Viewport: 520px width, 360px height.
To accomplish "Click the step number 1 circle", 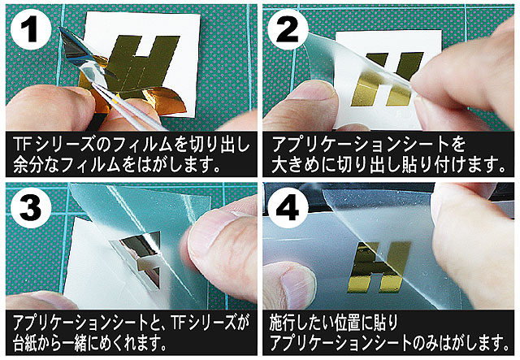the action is (x=31, y=29).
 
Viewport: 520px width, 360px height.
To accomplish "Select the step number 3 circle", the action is (x=31, y=208).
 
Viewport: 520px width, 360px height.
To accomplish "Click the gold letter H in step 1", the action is (x=143, y=63).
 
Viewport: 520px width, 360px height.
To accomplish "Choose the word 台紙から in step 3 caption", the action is (x=37, y=342).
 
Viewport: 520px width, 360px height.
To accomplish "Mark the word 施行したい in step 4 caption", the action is (x=301, y=323).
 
